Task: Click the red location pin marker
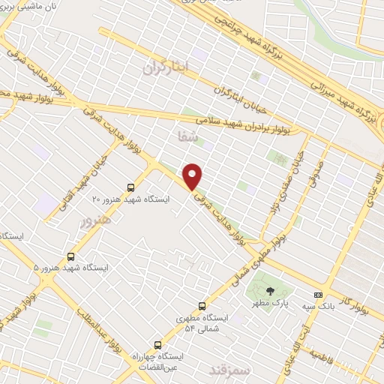(193, 175)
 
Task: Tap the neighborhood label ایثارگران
(166, 67)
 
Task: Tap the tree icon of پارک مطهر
(269, 289)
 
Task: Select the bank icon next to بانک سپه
(318, 295)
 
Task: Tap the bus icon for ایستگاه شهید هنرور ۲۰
(131, 187)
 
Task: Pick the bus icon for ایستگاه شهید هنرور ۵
(71, 256)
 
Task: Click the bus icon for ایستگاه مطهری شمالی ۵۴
(202, 305)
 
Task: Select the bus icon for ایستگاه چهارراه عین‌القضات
(156, 337)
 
